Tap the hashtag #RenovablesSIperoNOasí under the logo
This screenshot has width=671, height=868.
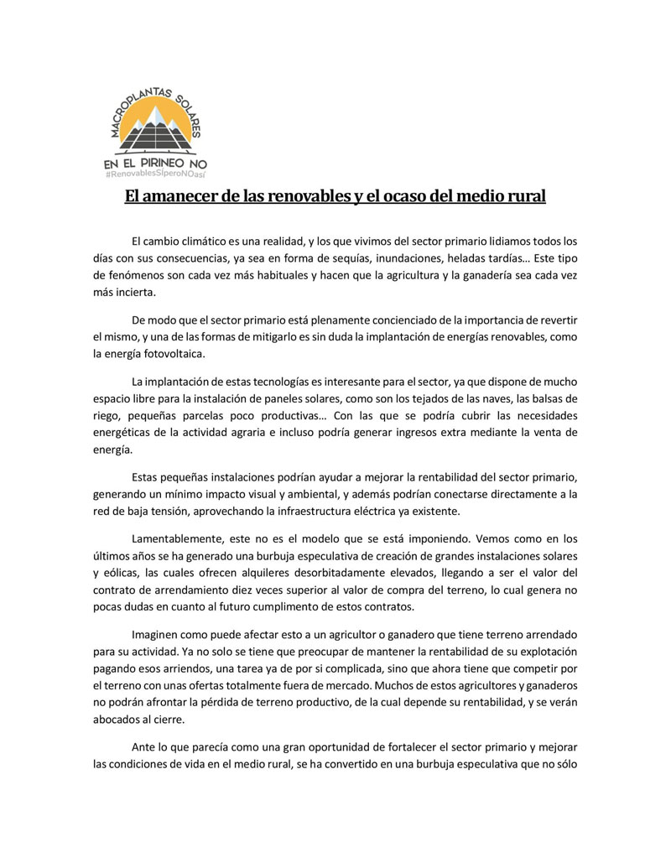coord(156,174)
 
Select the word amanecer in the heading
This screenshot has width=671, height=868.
coord(190,197)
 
